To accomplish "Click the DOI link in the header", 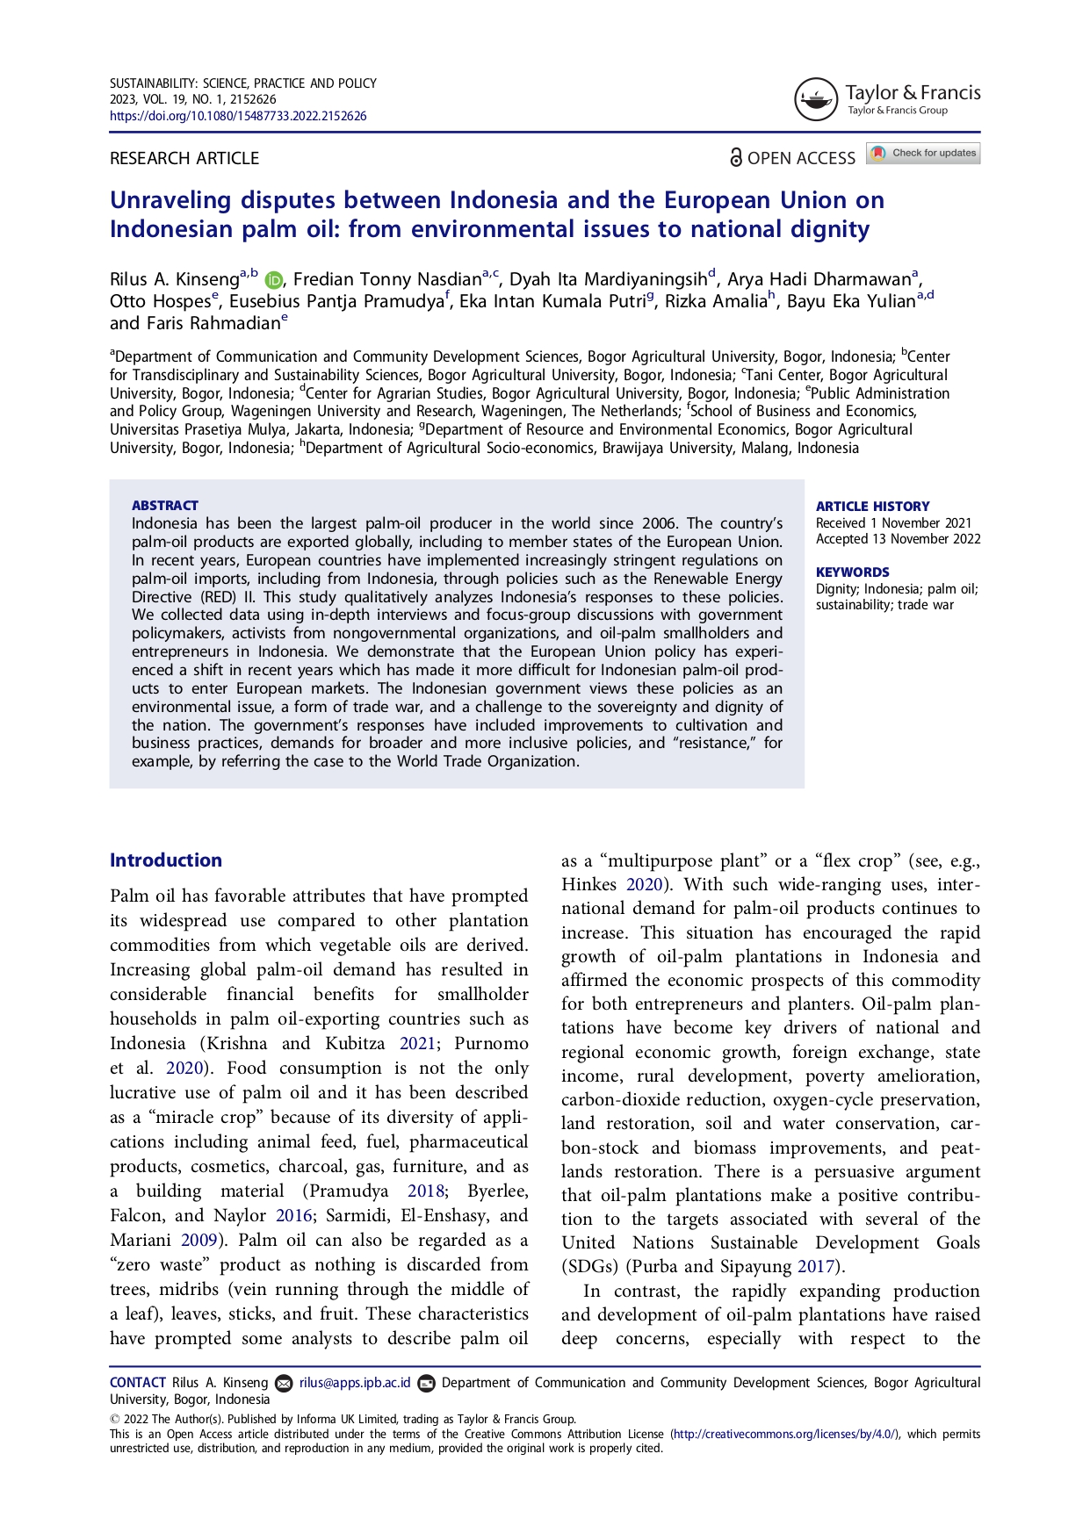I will pos(238,116).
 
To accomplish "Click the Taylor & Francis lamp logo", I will pos(815,99).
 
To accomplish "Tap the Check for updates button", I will pos(923,154).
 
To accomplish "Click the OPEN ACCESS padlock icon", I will pos(736,157).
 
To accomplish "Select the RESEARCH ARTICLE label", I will pos(184,158).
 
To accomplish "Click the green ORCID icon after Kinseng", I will pos(274,280).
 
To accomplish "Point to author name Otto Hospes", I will pos(160,301).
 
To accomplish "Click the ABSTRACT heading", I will pos(165,506).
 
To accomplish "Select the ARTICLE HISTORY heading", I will pos(872,507).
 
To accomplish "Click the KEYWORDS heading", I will pos(852,572).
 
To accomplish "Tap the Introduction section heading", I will pos(166,860).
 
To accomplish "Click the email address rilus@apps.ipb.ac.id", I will pos(355,1383).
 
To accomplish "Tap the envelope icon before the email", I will pos(284,1384).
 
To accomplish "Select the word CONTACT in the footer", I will pos(138,1383).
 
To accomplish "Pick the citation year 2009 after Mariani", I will pos(199,1241).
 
